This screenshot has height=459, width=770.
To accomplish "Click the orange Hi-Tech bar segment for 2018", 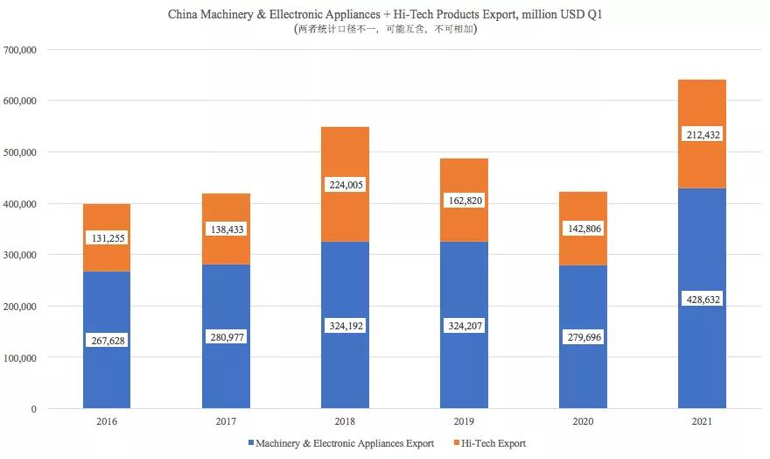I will tap(345, 158).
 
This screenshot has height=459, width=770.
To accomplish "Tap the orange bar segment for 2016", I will tap(107, 219).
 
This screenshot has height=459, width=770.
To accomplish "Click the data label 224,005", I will tap(345, 185).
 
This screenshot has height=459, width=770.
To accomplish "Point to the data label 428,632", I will tap(702, 300).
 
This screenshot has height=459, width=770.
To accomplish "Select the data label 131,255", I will tap(107, 238).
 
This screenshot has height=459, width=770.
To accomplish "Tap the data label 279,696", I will tap(583, 337).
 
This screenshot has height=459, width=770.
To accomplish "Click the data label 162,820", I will tap(464, 201).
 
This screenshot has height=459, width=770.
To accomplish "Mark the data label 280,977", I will tap(226, 337).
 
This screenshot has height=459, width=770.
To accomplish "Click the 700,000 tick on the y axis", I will tap(18, 50).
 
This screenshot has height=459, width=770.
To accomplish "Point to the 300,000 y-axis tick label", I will tap(18, 255).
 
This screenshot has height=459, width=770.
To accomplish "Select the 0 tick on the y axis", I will tap(32, 409).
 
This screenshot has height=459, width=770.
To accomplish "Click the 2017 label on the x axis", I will tap(226, 422).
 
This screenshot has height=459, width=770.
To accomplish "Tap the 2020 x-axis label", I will tap(583, 422).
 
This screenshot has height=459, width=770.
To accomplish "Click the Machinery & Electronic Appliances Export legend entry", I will tap(340, 443).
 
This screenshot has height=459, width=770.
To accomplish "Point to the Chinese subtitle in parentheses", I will tap(385, 29).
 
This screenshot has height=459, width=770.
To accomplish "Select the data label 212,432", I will tap(702, 135).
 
